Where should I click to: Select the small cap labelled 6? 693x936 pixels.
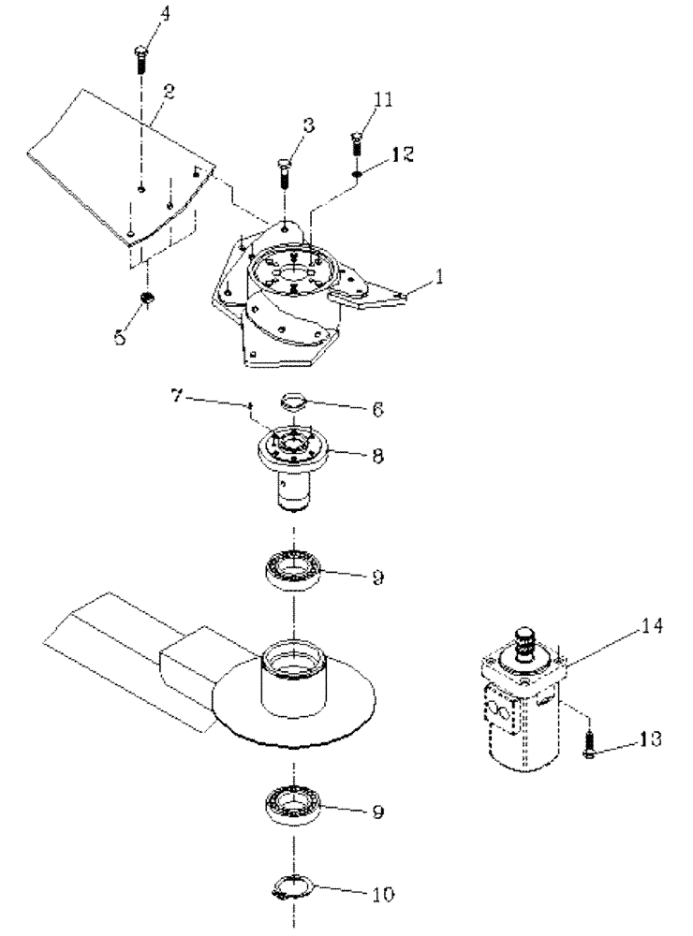point(294,402)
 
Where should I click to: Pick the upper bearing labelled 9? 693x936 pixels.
point(295,570)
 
